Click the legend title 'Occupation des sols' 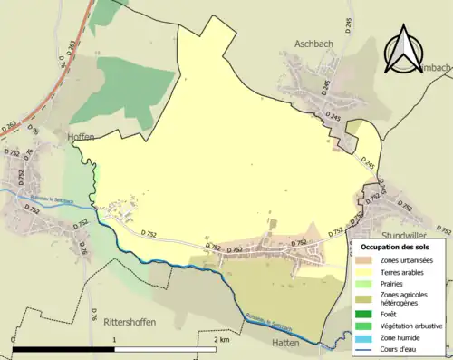pos(401,247)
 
